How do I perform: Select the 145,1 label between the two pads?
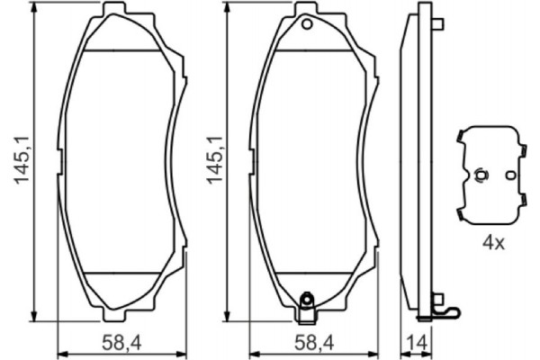[x=213, y=161]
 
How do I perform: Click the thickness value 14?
[x=418, y=341]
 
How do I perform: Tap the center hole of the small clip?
[x=481, y=175]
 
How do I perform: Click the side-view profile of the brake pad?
[x=415, y=162]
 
